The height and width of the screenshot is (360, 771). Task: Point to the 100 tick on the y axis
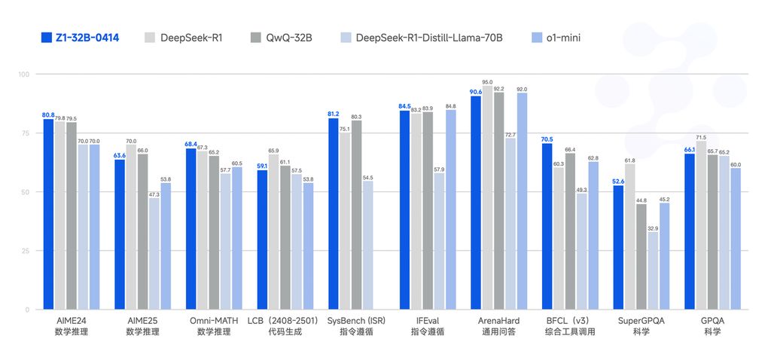23,75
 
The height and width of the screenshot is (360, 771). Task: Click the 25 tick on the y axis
24,251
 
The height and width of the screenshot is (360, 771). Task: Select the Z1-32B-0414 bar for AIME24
48,215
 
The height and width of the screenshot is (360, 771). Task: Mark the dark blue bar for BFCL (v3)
547,227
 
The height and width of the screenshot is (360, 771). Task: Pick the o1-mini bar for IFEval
450,210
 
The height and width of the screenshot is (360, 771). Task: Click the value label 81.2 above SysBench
333,114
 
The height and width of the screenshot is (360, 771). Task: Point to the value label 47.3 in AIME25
154,194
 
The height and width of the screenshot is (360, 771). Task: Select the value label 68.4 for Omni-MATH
190,144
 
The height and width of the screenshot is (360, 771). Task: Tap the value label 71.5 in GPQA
701,137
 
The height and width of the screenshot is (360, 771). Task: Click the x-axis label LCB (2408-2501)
279,321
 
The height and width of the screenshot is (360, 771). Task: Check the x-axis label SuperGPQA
641,321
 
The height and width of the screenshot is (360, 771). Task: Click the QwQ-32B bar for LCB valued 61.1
285,238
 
